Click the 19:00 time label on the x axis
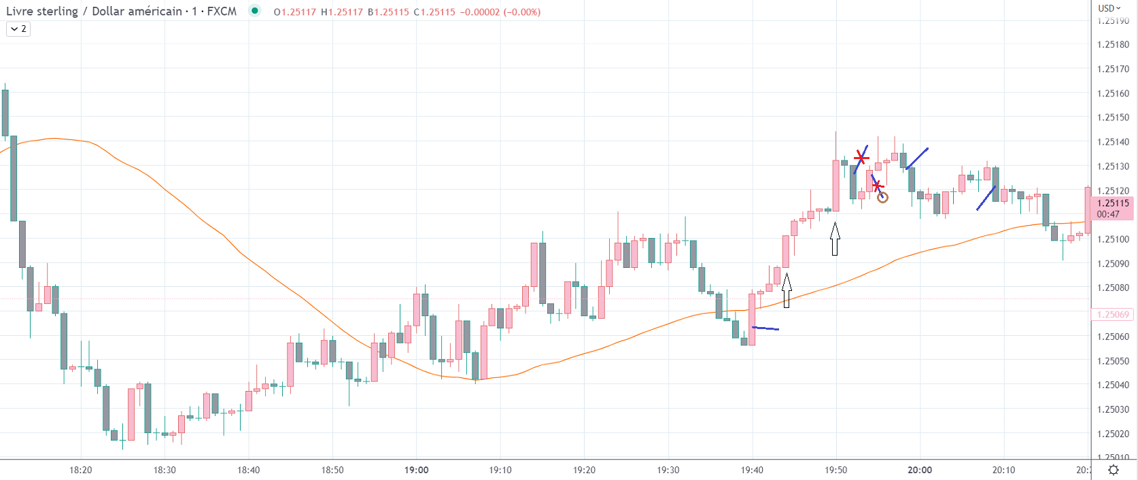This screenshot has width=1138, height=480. coord(416,470)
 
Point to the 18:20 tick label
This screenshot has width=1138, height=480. coord(80,470)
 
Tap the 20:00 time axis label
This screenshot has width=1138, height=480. coord(920,470)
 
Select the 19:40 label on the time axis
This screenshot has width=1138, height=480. coord(752,470)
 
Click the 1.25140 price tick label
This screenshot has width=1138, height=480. coord(1113,142)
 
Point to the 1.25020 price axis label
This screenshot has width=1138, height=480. coord(1113,434)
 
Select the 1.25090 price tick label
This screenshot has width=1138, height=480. coord(1113,264)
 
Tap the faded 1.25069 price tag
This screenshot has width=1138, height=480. coord(1112,315)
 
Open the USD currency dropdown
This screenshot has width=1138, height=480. coord(1109,8)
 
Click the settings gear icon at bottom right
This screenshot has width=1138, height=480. coord(1114,470)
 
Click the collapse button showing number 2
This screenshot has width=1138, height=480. coord(18,29)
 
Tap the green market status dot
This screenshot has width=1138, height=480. coord(254,10)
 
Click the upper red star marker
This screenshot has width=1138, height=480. coord(861,158)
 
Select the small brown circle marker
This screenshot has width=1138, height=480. coord(882,198)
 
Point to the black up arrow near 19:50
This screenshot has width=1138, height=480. coord(835,239)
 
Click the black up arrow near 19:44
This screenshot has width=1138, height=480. coord(787,291)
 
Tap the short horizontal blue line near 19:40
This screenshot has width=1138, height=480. coord(765,328)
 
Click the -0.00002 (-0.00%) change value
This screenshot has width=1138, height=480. coord(500,12)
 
